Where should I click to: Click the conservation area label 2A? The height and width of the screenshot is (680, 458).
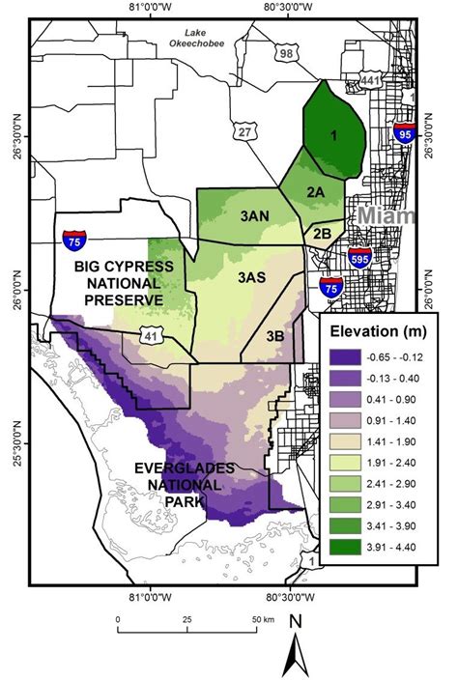[x=315, y=192]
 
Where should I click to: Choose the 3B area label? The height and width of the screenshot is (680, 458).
[x=274, y=335]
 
